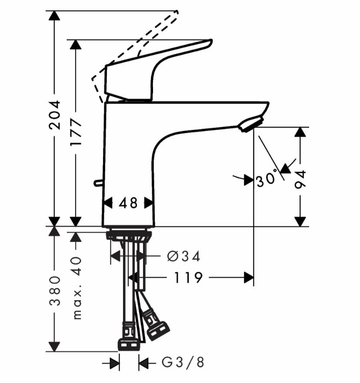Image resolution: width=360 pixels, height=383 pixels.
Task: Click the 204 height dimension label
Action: point(54,114)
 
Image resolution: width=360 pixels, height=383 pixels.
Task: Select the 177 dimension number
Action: point(75,132)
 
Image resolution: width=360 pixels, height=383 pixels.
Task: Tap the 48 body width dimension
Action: point(128,203)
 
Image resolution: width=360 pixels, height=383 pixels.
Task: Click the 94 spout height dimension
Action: point(300,180)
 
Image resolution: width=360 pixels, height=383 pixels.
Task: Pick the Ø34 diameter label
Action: point(183,256)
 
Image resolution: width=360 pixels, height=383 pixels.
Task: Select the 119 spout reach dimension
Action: point(188,278)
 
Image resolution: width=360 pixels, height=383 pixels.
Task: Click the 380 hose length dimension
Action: point(54,291)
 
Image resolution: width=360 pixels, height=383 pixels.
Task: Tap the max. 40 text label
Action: point(77,288)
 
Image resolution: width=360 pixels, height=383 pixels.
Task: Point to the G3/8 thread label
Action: point(183,362)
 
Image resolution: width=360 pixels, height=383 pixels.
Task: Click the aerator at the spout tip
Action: point(251,124)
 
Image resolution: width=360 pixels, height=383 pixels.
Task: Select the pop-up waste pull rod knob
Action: point(99,183)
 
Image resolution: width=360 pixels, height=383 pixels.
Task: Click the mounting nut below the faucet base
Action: point(129,234)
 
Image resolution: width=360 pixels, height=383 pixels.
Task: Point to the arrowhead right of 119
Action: point(249,278)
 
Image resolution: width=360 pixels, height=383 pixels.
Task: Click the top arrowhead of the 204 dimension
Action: point(54,16)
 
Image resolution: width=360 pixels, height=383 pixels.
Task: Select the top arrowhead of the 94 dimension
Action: point(300,132)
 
